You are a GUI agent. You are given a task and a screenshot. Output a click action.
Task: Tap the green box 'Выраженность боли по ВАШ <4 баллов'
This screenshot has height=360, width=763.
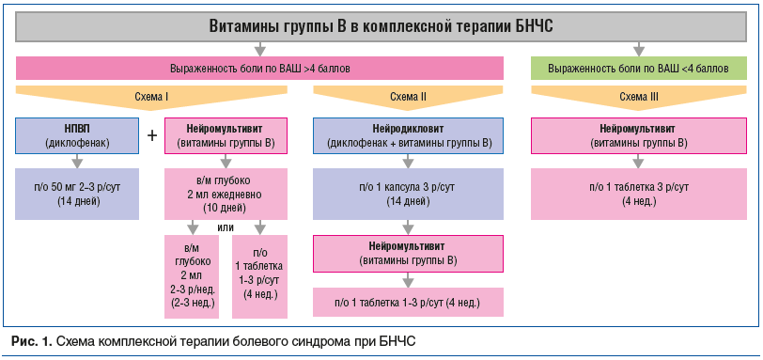click(x=638, y=69)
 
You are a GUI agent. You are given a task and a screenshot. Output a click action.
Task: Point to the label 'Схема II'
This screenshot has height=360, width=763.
click(x=408, y=96)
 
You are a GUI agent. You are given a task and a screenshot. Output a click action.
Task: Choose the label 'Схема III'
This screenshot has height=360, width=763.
click(x=639, y=96)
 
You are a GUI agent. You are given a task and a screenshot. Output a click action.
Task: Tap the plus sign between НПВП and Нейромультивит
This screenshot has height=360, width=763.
click(x=152, y=135)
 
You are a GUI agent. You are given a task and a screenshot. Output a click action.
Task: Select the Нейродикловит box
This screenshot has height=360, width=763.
click(x=408, y=135)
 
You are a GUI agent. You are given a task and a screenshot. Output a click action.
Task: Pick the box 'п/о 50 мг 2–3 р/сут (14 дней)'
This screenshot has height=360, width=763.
click(x=76, y=194)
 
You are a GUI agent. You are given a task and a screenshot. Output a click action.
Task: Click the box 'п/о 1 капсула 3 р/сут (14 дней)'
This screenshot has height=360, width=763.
click(x=408, y=194)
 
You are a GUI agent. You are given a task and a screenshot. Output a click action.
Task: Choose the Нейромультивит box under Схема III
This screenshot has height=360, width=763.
click(x=639, y=135)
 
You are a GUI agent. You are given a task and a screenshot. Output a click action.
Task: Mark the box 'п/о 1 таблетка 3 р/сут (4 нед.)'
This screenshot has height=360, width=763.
click(x=639, y=194)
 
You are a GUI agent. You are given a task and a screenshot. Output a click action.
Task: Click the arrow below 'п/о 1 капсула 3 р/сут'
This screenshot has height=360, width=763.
click(x=408, y=227)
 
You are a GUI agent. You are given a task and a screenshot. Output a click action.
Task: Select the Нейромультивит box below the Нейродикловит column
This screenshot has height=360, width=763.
click(x=408, y=253)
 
